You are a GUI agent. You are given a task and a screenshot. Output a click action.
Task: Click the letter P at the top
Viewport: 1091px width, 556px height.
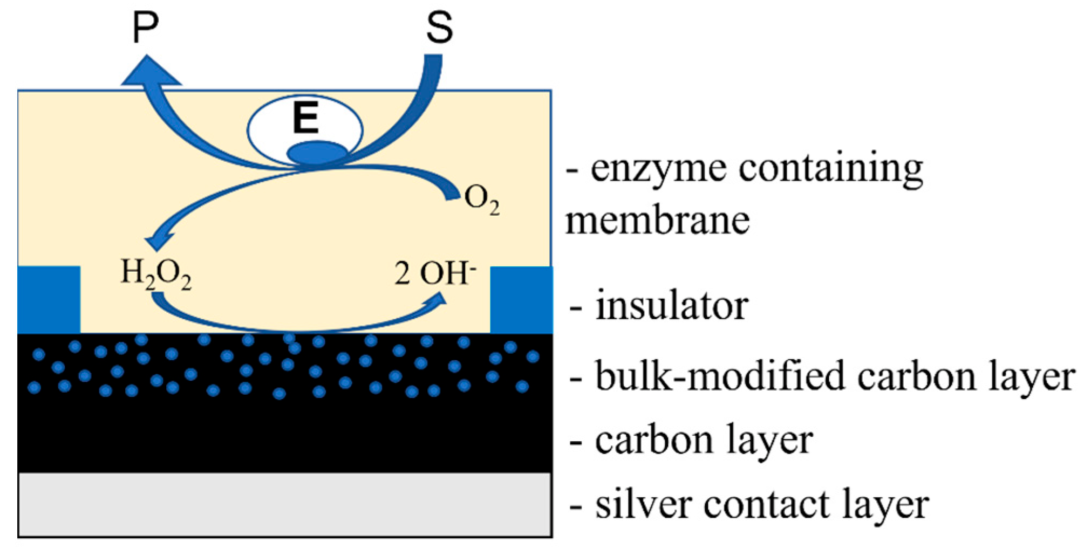pyautogui.click(x=145, y=28)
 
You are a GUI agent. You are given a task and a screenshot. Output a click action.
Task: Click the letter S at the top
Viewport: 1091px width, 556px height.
pyautogui.click(x=439, y=28)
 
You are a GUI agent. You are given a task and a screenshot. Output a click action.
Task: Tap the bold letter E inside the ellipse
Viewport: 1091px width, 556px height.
pyautogui.click(x=305, y=119)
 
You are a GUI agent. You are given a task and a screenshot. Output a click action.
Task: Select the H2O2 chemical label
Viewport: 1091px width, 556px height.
pyautogui.click(x=156, y=273)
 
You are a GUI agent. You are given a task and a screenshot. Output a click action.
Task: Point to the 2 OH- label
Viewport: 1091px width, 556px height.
pyautogui.click(x=435, y=273)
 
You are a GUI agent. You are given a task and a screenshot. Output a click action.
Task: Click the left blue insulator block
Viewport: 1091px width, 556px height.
pyautogui.click(x=49, y=299)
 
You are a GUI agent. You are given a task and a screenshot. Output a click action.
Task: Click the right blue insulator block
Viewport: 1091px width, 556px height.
pyautogui.click(x=521, y=299)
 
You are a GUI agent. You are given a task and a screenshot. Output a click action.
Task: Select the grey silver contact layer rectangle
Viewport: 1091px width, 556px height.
pyautogui.click(x=285, y=504)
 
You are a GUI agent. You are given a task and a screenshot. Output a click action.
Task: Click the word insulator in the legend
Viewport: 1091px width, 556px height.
pyautogui.click(x=671, y=306)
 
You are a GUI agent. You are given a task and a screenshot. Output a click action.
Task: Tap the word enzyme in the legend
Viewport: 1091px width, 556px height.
pyautogui.click(x=660, y=168)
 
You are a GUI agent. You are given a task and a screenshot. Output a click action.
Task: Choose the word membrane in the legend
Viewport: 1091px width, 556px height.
pyautogui.click(x=657, y=220)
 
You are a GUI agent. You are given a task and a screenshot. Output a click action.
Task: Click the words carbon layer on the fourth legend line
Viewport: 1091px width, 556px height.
pyautogui.click(x=704, y=441)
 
